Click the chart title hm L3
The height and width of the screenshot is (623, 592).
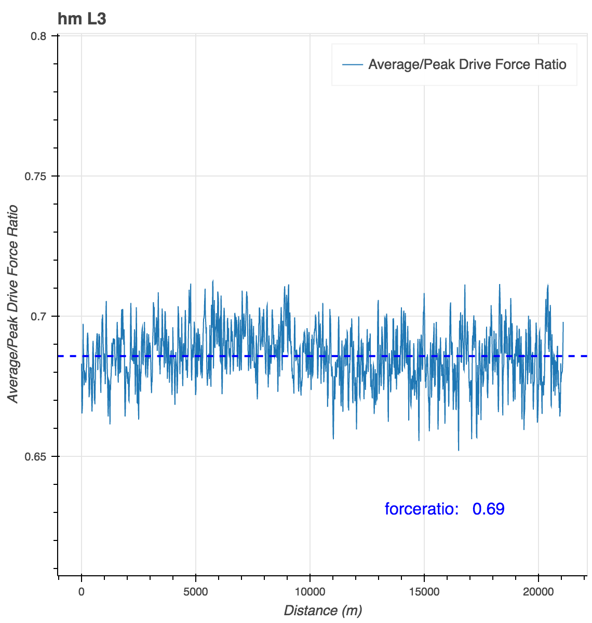[x=82, y=19]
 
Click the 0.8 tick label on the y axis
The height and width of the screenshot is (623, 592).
[x=39, y=36]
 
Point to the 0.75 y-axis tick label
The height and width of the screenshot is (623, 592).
[x=35, y=176]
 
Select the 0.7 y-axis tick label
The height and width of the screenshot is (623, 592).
[x=39, y=316]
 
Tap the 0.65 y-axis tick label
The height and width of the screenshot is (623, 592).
[x=35, y=457]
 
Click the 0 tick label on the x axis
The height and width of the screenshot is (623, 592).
[x=82, y=591]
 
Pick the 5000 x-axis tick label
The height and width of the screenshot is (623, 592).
[x=196, y=591]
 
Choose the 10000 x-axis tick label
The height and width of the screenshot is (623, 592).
[x=310, y=591]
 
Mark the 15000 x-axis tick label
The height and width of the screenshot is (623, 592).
[x=424, y=591]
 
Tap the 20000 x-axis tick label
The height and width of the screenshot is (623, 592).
[x=539, y=591]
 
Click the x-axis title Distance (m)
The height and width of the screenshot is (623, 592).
[x=322, y=611]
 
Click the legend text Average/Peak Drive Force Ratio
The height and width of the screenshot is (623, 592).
[x=467, y=65]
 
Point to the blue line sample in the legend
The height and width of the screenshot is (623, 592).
[x=352, y=65]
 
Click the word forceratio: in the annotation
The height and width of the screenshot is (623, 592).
[x=421, y=509]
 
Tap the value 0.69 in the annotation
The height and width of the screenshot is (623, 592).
[x=488, y=509]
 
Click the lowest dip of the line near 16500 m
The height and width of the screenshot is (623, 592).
[x=459, y=450]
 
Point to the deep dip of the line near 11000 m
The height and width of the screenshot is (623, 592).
[x=333, y=438]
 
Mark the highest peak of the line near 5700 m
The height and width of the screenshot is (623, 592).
[x=213, y=280]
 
